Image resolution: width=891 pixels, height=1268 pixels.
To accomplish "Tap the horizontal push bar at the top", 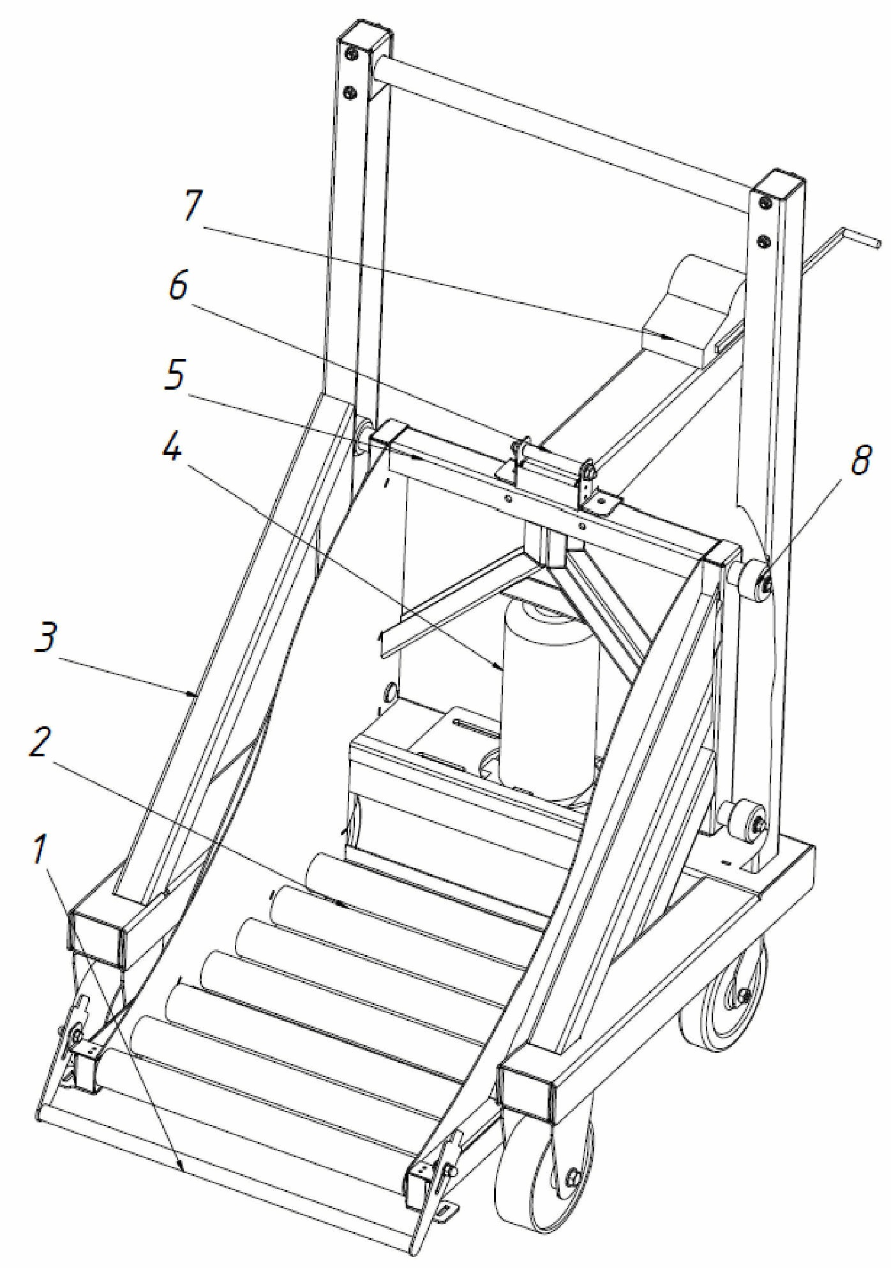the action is click(x=562, y=128).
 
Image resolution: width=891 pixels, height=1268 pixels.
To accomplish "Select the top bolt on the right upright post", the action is click(x=765, y=203).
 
